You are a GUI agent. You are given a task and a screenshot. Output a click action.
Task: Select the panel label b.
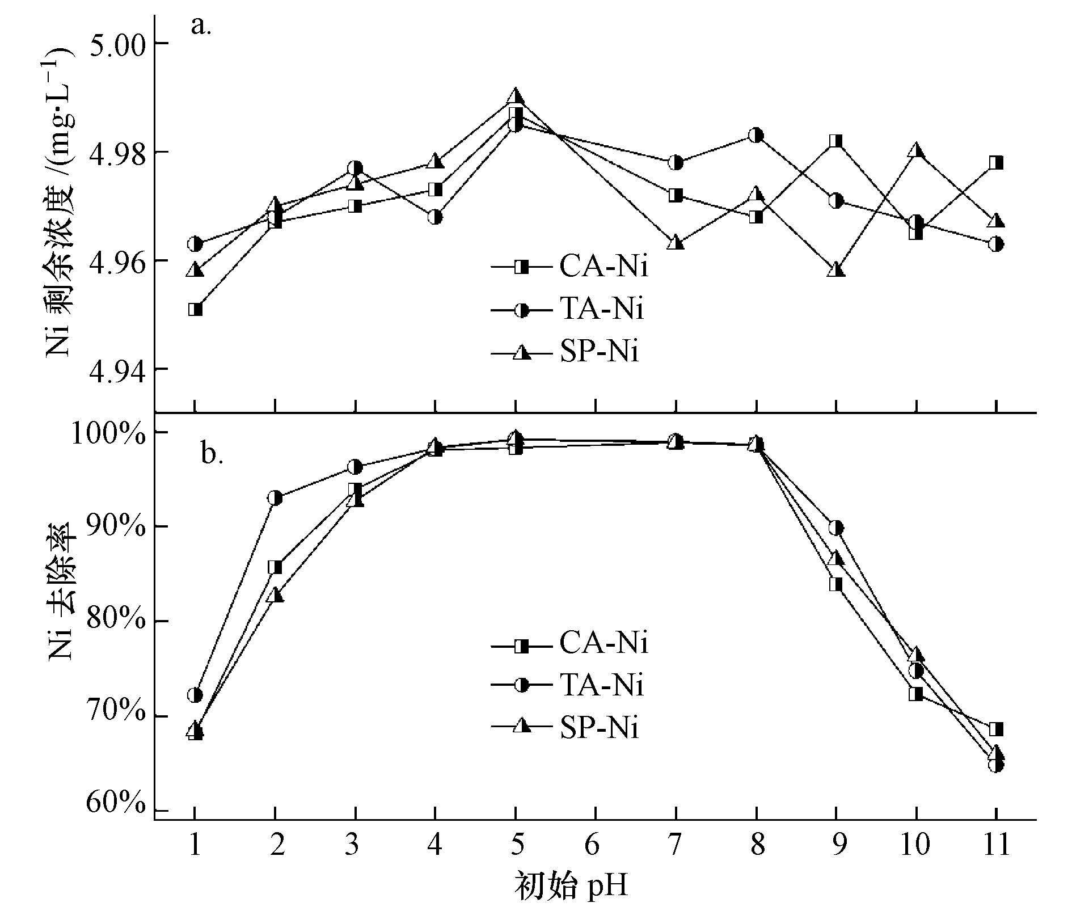(212, 454)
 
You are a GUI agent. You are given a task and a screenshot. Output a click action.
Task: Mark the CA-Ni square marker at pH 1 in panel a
(195, 309)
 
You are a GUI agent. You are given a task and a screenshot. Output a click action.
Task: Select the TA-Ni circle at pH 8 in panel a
(756, 135)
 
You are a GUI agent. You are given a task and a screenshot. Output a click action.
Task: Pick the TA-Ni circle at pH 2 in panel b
(275, 498)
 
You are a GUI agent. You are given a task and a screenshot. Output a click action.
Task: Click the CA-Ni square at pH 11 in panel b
(996, 729)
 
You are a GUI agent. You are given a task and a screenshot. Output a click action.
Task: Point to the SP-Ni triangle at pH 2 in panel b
(275, 595)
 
